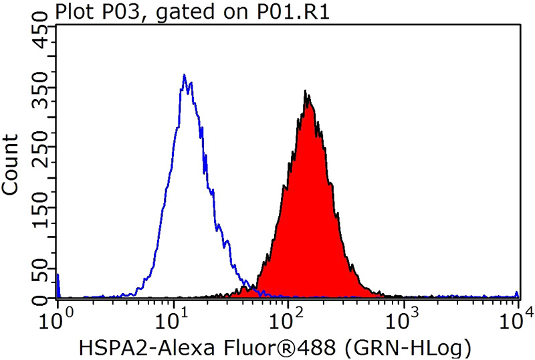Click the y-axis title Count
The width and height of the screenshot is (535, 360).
click(10, 164)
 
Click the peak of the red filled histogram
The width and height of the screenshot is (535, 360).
click(306, 92)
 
